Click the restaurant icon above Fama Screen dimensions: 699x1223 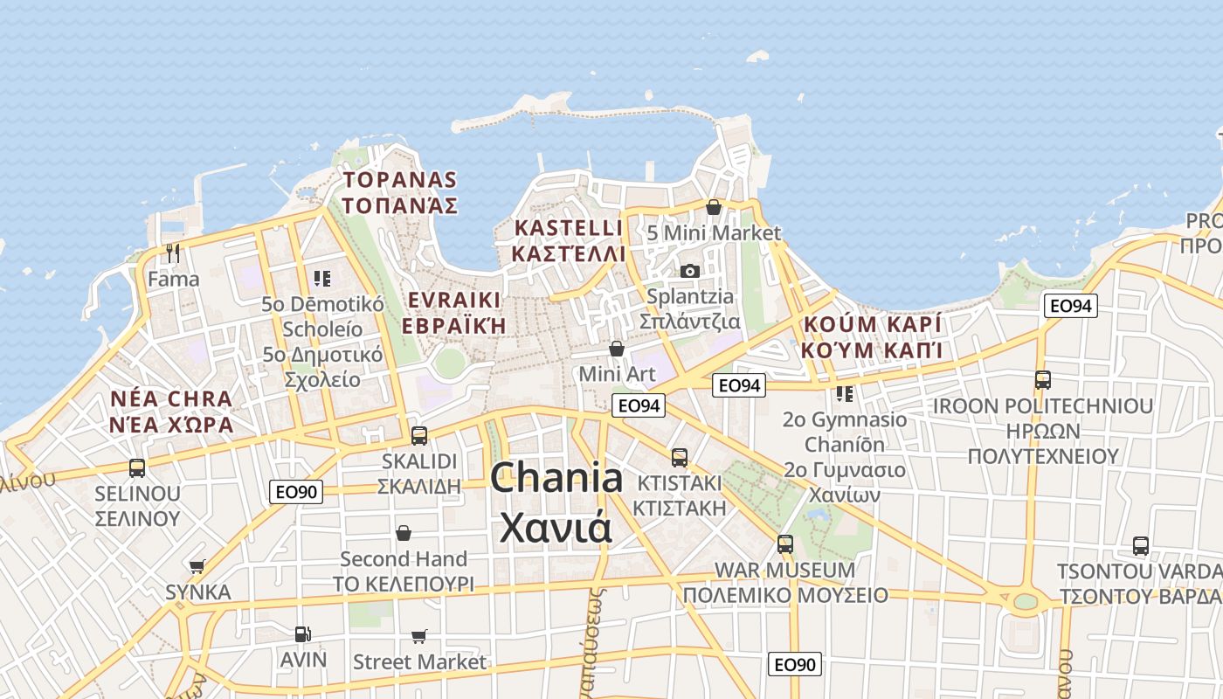click(x=173, y=253)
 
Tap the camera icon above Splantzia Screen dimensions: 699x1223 click(x=690, y=271)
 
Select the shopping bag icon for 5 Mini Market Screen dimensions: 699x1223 click(x=714, y=208)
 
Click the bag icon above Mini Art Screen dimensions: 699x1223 click(x=617, y=349)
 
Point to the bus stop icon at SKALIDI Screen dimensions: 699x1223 click(x=419, y=435)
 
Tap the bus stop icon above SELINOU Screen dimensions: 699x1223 click(x=137, y=467)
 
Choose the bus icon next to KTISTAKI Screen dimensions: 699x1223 click(x=680, y=457)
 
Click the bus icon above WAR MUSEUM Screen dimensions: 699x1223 click(x=785, y=544)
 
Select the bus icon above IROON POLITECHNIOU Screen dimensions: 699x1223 click(x=1042, y=380)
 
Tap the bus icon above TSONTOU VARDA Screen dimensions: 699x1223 click(x=1141, y=546)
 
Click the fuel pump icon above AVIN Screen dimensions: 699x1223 click(x=302, y=633)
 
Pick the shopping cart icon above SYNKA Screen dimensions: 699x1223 click(x=197, y=566)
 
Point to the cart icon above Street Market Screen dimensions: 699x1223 click(x=419, y=636)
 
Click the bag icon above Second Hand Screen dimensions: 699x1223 click(x=404, y=532)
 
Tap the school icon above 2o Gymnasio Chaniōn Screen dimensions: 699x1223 click(x=844, y=394)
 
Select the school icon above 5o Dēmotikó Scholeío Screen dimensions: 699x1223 click(x=322, y=279)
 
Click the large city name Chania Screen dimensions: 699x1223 click(x=556, y=478)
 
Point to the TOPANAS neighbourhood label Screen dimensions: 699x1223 click(x=401, y=180)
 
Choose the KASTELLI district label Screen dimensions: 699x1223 click(x=570, y=228)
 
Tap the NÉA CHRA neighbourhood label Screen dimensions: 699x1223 click(x=171, y=399)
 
